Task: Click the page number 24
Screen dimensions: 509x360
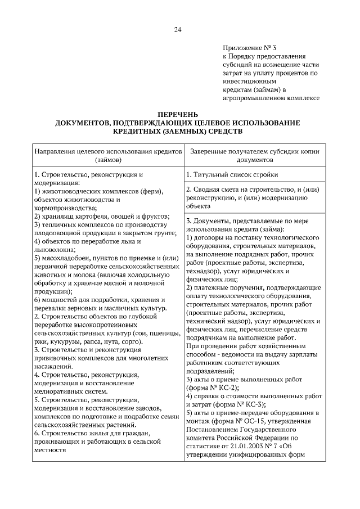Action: (x=178, y=30)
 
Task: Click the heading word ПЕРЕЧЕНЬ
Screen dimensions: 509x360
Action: (x=178, y=115)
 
